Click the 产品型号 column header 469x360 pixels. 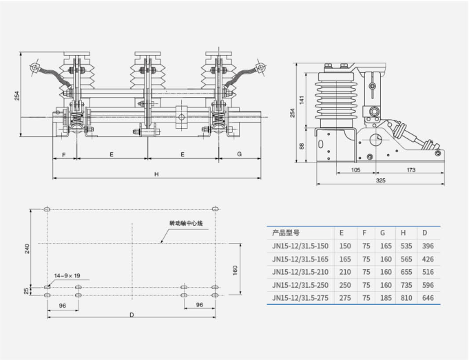pyautogui.click(x=286, y=233)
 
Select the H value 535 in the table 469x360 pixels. pyautogui.click(x=406, y=246)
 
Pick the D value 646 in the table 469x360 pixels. pyautogui.click(x=428, y=298)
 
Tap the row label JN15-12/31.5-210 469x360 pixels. pyautogui.click(x=300, y=272)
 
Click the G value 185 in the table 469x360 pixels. pyautogui.click(x=386, y=298)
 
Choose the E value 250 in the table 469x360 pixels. pyautogui.click(x=345, y=285)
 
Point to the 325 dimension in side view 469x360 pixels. pyautogui.click(x=380, y=180)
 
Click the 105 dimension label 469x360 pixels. pyautogui.click(x=355, y=170)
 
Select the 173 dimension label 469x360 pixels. pyautogui.click(x=411, y=170)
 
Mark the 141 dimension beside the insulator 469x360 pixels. pyautogui.click(x=302, y=100)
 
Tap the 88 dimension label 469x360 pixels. pyautogui.click(x=302, y=146)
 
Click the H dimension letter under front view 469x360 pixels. pyautogui.click(x=156, y=174)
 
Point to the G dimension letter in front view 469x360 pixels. pyautogui.click(x=239, y=154)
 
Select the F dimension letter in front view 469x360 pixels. pyautogui.click(x=64, y=155)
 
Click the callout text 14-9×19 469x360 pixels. pyautogui.click(x=67, y=275)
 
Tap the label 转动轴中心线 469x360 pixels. pyautogui.click(x=186, y=223)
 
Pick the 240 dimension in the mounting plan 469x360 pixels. pyautogui.click(x=28, y=248)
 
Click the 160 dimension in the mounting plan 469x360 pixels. pyautogui.click(x=235, y=270)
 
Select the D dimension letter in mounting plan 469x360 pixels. pyautogui.click(x=132, y=315)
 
